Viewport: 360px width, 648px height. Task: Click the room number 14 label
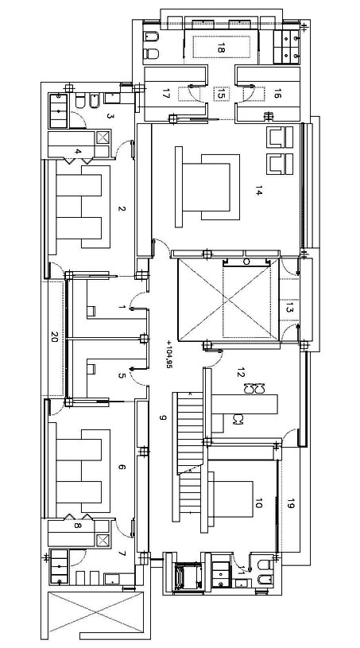(x=258, y=192)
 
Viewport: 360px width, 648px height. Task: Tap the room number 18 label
(x=220, y=48)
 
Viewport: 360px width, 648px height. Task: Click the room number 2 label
(x=121, y=208)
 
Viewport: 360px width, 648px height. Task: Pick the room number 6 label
(x=121, y=467)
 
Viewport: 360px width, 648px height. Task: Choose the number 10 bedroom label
(x=258, y=503)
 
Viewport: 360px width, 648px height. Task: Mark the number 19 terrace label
(x=291, y=503)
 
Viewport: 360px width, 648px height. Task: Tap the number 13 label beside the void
(x=289, y=308)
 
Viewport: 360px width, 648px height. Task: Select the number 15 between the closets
(x=220, y=95)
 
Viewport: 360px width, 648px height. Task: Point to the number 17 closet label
(x=166, y=95)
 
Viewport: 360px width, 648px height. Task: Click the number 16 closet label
(x=277, y=95)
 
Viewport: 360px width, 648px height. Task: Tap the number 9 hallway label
(x=163, y=417)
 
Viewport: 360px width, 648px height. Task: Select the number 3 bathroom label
(x=110, y=116)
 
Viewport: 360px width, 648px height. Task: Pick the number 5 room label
(x=121, y=375)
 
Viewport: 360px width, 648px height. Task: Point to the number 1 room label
(x=121, y=307)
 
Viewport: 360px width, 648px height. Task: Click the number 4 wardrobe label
(x=78, y=152)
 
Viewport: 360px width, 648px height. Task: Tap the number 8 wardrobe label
(x=77, y=526)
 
